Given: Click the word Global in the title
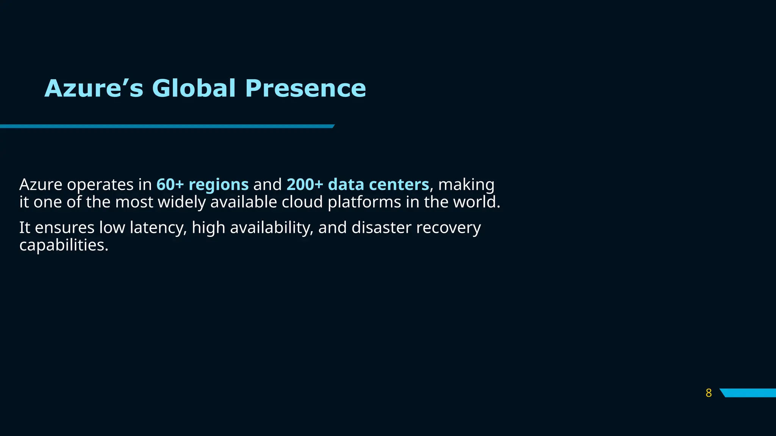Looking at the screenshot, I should pos(194,88).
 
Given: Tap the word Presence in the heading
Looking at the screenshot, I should pos(305,88).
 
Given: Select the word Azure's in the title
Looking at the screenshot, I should pos(94,88).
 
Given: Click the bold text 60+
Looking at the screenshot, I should pos(170,184).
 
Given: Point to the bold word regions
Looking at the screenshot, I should pos(219,185).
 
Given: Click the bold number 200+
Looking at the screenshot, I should pos(305,184).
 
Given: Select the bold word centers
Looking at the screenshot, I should pos(399,184).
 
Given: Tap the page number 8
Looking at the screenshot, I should pos(709,393).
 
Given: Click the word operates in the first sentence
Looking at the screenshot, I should pos(100,185).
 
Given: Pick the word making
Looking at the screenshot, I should pos(466,185).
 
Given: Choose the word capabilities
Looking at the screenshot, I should pos(64,245).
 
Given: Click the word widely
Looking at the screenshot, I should pos(182,202).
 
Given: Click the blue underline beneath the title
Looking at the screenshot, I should pos(167,126).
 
